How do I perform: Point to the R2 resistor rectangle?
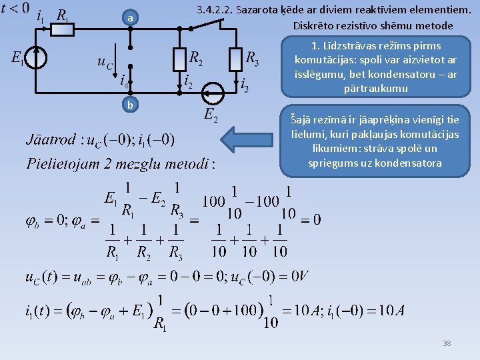179,59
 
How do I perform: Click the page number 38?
446,343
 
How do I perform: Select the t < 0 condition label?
15,8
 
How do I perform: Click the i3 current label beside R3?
245,85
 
